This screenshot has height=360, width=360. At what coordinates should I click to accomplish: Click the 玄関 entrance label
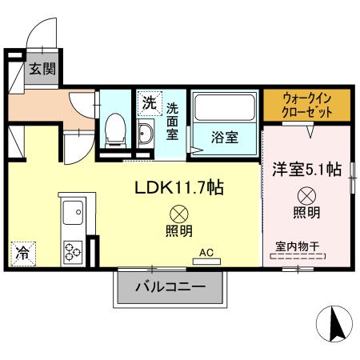click(x=42, y=69)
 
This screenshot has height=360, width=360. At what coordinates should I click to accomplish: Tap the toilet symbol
click(x=115, y=129)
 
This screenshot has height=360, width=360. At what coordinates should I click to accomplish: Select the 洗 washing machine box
click(x=149, y=102)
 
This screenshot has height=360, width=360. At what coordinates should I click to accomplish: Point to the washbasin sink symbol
click(x=146, y=132)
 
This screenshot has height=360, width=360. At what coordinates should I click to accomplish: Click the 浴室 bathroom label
click(x=224, y=137)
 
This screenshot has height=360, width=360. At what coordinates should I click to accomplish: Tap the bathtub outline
click(x=225, y=108)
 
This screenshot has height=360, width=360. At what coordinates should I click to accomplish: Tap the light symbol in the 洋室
click(x=306, y=194)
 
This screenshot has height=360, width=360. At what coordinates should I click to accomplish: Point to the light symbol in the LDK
click(x=178, y=214)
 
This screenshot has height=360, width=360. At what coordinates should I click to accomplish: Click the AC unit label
click(x=206, y=254)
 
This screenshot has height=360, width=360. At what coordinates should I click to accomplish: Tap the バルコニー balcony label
click(x=169, y=286)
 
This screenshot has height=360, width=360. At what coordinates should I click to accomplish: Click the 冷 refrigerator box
click(x=22, y=254)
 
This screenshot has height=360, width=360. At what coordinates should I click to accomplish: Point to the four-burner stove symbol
click(x=74, y=250)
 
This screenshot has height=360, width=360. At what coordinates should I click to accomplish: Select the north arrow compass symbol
click(x=335, y=323)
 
